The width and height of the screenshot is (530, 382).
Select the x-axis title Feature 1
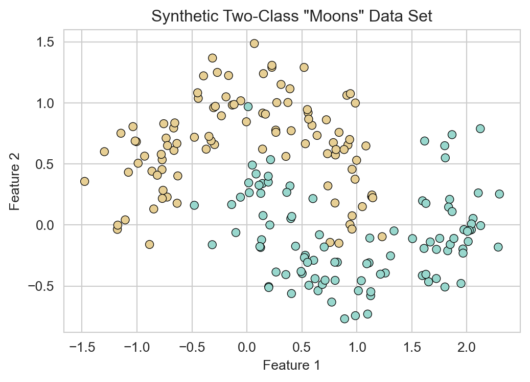pyautogui.click(x=292, y=366)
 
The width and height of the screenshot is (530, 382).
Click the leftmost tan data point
pyautogui.click(x=84, y=181)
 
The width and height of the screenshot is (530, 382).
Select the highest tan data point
pyautogui.click(x=254, y=44)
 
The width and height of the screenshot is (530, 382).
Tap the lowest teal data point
pyautogui.click(x=344, y=319)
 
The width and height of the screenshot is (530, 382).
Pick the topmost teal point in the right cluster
pyautogui.click(x=480, y=129)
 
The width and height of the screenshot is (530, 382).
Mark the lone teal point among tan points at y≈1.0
pyautogui.click(x=248, y=107)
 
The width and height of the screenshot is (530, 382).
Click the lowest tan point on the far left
pyautogui.click(x=149, y=244)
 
